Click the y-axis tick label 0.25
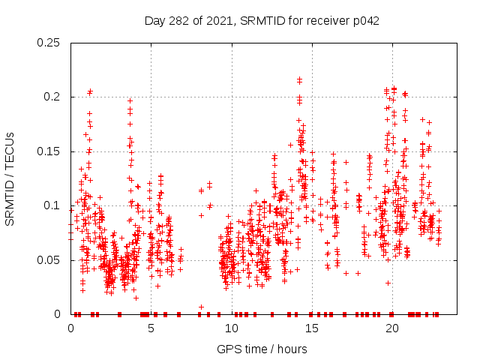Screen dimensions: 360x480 [49, 43]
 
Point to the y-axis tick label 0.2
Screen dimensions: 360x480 [52, 97]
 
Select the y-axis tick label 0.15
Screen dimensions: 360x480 [49, 151]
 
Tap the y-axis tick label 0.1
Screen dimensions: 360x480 [52, 205]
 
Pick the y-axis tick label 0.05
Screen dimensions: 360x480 [49, 260]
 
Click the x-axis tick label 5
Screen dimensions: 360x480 [151, 328]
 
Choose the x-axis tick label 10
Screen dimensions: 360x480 [231, 328]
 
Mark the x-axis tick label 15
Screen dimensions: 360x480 [311, 328]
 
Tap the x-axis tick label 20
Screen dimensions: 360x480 [391, 328]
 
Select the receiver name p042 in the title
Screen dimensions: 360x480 [365, 20]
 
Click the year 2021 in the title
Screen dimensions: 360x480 [222, 20]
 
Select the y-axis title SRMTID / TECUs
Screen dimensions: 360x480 [10, 179]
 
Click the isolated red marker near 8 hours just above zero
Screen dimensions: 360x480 [201, 307]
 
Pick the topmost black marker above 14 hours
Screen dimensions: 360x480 [299, 78]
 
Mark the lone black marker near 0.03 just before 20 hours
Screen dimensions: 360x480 [388, 283]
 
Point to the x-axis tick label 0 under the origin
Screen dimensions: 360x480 [70, 328]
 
